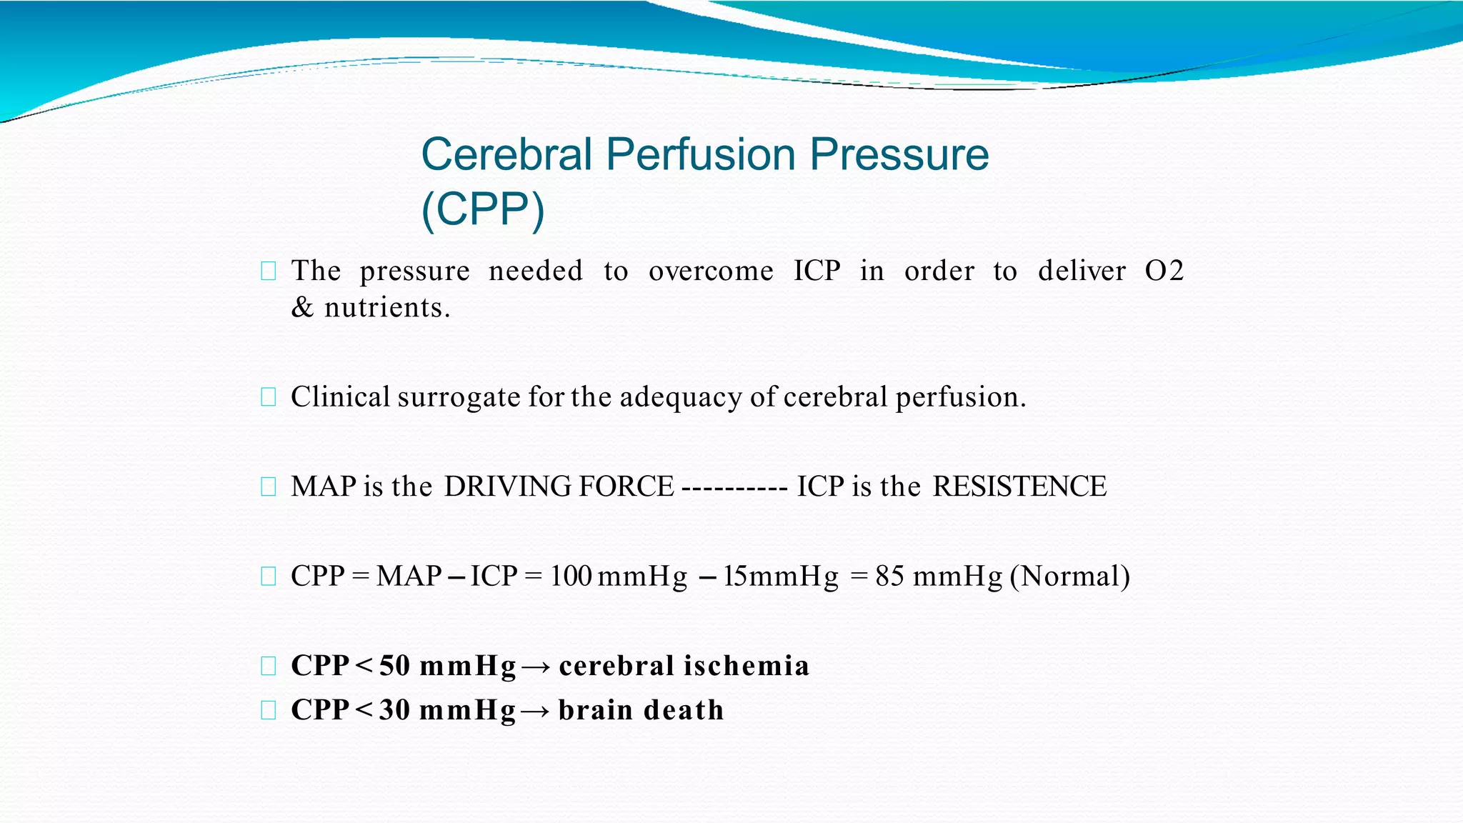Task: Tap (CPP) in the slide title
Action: tap(483, 209)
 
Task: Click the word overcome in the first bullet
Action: tap(711, 271)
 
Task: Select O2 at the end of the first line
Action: tap(1164, 271)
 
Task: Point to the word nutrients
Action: tap(387, 308)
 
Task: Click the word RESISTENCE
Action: tap(1019, 487)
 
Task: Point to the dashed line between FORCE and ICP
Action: tap(734, 489)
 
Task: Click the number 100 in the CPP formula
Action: tap(571, 577)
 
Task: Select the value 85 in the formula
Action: tap(890, 577)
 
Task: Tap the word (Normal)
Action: tap(1069, 577)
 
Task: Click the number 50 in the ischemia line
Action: tap(394, 666)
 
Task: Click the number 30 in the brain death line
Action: tap(394, 710)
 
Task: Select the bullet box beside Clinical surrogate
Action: tap(269, 397)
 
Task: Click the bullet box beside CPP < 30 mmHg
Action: tap(269, 710)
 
